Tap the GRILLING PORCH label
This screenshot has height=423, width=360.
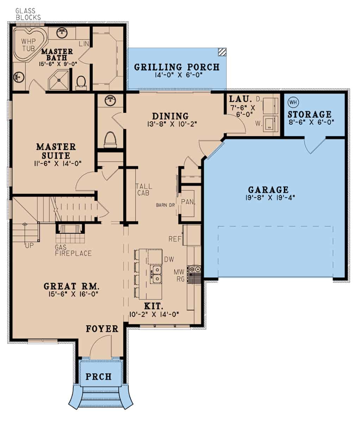pos(177,67)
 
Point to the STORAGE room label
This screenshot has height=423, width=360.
pos(309,114)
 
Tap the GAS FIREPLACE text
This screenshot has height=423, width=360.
pos(73,250)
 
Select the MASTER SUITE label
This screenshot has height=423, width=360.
pos(56,151)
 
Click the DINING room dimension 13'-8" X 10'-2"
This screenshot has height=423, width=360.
pos(170,124)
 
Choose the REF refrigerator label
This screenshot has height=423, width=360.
pos(175,239)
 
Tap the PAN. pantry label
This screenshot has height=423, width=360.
pos(186,202)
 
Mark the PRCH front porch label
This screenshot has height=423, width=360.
pos(99,376)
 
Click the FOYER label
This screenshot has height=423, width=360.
pos(102,329)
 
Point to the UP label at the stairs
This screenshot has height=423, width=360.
pos(29,245)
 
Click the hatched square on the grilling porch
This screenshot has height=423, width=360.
pos(222,52)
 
